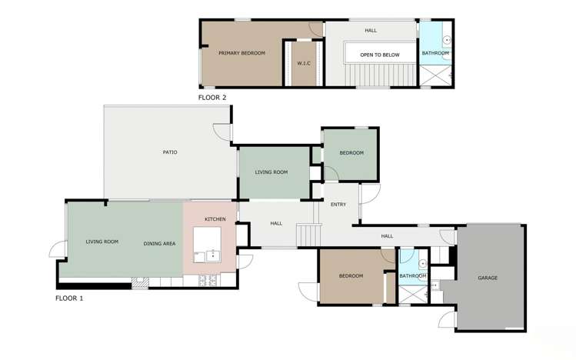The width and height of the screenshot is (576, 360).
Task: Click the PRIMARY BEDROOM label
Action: (x=241, y=53)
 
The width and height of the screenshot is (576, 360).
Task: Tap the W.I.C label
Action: (x=304, y=62)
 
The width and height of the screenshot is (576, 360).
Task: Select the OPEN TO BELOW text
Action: (x=379, y=55)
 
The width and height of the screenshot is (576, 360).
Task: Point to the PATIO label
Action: (x=170, y=152)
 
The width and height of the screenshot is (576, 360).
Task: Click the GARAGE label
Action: (x=488, y=278)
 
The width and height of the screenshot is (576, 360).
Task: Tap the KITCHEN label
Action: (x=215, y=220)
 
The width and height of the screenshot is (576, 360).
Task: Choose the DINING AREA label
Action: (x=159, y=244)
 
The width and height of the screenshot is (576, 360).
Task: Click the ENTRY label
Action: (x=338, y=205)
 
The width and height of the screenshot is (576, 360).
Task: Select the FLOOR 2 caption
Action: (x=212, y=98)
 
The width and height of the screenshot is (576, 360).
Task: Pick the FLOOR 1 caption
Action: (x=69, y=298)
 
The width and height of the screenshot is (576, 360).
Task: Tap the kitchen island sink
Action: (x=211, y=256)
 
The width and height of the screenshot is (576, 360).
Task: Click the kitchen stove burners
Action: (x=207, y=281)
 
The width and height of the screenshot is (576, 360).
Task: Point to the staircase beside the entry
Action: (x=308, y=234)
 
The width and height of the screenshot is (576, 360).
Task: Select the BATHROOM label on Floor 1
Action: (x=413, y=276)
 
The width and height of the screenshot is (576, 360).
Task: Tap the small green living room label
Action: (x=271, y=172)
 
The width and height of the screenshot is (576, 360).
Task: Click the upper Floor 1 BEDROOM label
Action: (x=351, y=153)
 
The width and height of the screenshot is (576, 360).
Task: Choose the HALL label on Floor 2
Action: (x=371, y=30)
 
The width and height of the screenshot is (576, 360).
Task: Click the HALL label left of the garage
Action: (x=387, y=236)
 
